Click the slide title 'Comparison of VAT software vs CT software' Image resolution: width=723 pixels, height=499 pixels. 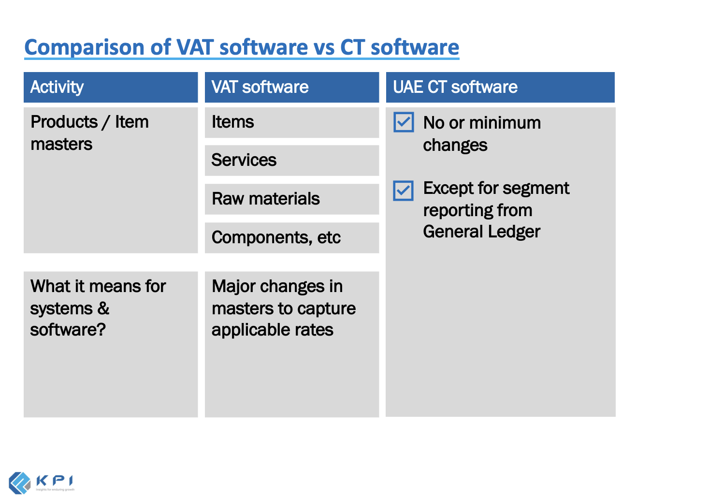click(x=242, y=47)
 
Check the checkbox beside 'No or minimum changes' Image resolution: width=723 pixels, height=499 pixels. click(x=404, y=122)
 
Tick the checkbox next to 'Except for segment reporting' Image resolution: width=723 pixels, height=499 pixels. click(x=404, y=191)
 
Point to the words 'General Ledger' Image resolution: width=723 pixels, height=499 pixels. click(x=481, y=232)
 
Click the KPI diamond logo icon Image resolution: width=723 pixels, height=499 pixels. click(x=20, y=483)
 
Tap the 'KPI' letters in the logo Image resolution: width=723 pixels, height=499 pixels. click(x=55, y=481)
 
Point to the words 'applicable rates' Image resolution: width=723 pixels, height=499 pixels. click(x=272, y=330)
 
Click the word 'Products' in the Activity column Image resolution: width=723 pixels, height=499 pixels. click(x=64, y=122)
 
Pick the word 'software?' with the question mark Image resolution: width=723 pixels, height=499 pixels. click(x=68, y=330)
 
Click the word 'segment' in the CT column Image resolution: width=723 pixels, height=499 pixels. click(x=544, y=188)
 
